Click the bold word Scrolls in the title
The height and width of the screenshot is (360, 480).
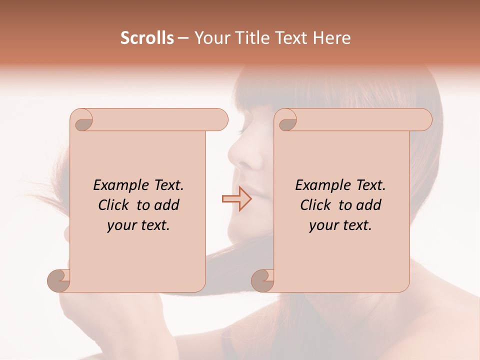click(x=147, y=38)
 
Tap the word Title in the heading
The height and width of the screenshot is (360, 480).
click(x=250, y=38)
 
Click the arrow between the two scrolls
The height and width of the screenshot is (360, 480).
click(x=236, y=198)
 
